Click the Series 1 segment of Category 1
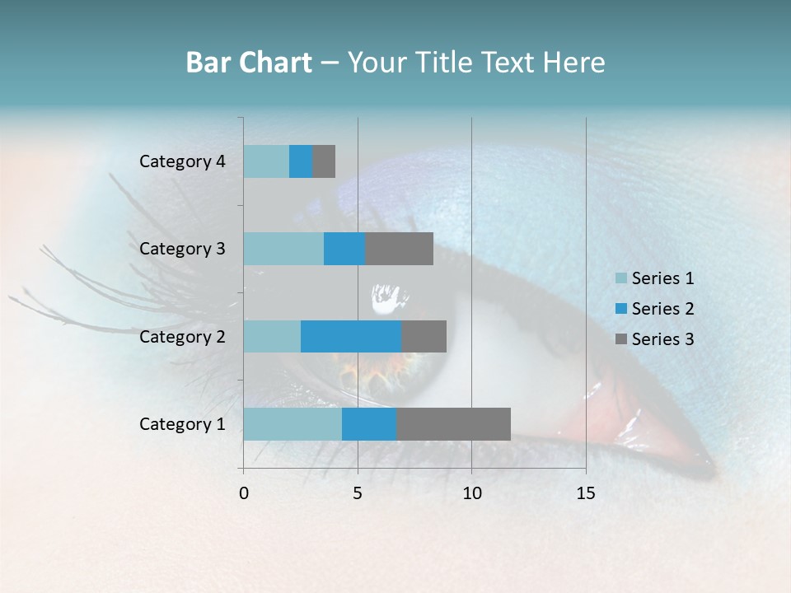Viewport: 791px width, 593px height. pyautogui.click(x=293, y=424)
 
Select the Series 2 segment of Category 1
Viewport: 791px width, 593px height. pyautogui.click(x=369, y=424)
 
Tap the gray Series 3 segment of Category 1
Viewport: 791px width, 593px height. pyautogui.click(x=453, y=424)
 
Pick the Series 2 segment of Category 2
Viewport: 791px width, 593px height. pyautogui.click(x=351, y=336)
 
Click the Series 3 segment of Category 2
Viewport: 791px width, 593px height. pyautogui.click(x=424, y=336)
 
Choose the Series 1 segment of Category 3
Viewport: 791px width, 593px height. pyautogui.click(x=283, y=249)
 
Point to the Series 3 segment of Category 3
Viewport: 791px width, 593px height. pyautogui.click(x=399, y=249)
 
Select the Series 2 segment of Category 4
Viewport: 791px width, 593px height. pyautogui.click(x=301, y=161)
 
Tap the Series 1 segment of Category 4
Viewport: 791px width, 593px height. pyautogui.click(x=266, y=161)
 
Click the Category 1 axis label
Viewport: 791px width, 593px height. pyautogui.click(x=182, y=424)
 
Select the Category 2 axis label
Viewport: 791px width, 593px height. pyautogui.click(x=182, y=336)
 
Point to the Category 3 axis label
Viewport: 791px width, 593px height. pyautogui.click(x=182, y=249)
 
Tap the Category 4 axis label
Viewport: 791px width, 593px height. pyautogui.click(x=182, y=161)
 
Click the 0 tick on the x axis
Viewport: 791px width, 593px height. pyautogui.click(x=244, y=493)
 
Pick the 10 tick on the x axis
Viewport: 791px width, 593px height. pyautogui.click(x=471, y=493)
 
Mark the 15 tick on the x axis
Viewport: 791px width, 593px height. pyautogui.click(x=585, y=493)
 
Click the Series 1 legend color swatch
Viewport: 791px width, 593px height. pyautogui.click(x=621, y=278)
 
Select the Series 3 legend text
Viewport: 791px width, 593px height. pyautogui.click(x=662, y=339)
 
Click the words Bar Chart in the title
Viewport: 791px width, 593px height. pyautogui.click(x=249, y=63)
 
